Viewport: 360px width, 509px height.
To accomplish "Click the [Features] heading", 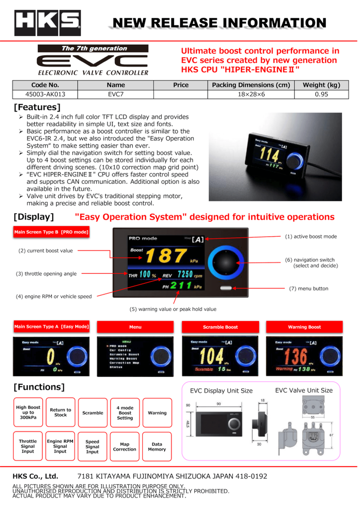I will tap(37, 107).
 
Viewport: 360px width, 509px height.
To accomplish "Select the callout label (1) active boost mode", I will tap(311, 236).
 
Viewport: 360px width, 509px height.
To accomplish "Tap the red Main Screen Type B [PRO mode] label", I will tap(52, 232).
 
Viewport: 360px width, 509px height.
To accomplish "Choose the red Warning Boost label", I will tap(304, 327).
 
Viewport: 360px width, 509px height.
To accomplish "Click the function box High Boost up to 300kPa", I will tap(28, 413).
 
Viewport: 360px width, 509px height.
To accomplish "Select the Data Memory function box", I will tap(157, 447).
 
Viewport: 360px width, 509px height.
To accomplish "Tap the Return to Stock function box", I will tap(60, 413).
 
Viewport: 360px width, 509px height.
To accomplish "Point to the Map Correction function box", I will tap(124, 447).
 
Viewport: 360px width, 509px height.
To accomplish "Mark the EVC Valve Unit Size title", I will tap(304, 390).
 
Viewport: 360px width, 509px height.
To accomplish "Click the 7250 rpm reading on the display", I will tap(181, 275).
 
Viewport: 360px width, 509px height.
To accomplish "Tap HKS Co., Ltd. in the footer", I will tap(35, 476).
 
